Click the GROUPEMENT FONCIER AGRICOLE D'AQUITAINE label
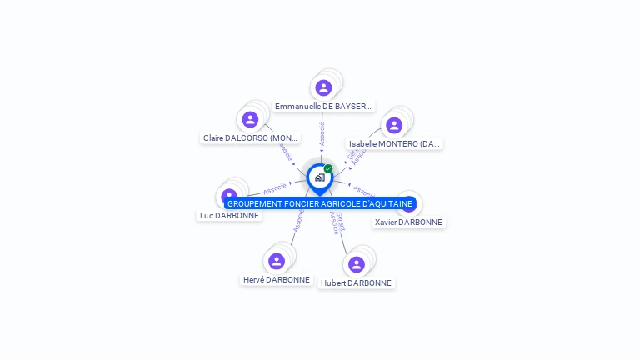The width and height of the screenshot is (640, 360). click(320, 203)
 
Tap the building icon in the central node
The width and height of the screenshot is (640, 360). click(319, 177)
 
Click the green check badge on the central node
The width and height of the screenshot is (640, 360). click(328, 169)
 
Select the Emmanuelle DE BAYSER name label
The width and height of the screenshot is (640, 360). click(323, 107)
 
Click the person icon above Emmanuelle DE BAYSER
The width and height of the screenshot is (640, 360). click(323, 87)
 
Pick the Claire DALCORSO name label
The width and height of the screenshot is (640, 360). click(250, 137)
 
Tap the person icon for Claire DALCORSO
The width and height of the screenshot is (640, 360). click(250, 119)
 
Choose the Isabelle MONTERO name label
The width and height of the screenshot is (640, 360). click(394, 143)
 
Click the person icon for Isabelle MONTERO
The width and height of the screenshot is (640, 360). click(394, 125)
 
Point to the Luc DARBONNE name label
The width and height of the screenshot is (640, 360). click(229, 215)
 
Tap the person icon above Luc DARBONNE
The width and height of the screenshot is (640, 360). click(229, 196)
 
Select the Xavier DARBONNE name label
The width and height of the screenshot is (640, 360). click(408, 222)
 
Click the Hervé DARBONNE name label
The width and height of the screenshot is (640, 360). click(277, 280)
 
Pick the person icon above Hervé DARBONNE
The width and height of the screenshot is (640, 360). click(277, 261)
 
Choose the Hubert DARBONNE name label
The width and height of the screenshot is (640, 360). click(356, 282)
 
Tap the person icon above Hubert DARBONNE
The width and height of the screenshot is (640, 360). click(357, 264)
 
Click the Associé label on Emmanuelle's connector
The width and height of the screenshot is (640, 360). click(322, 133)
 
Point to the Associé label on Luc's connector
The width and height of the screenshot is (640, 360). click(275, 188)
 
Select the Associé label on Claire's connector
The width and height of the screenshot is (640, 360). click(287, 152)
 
